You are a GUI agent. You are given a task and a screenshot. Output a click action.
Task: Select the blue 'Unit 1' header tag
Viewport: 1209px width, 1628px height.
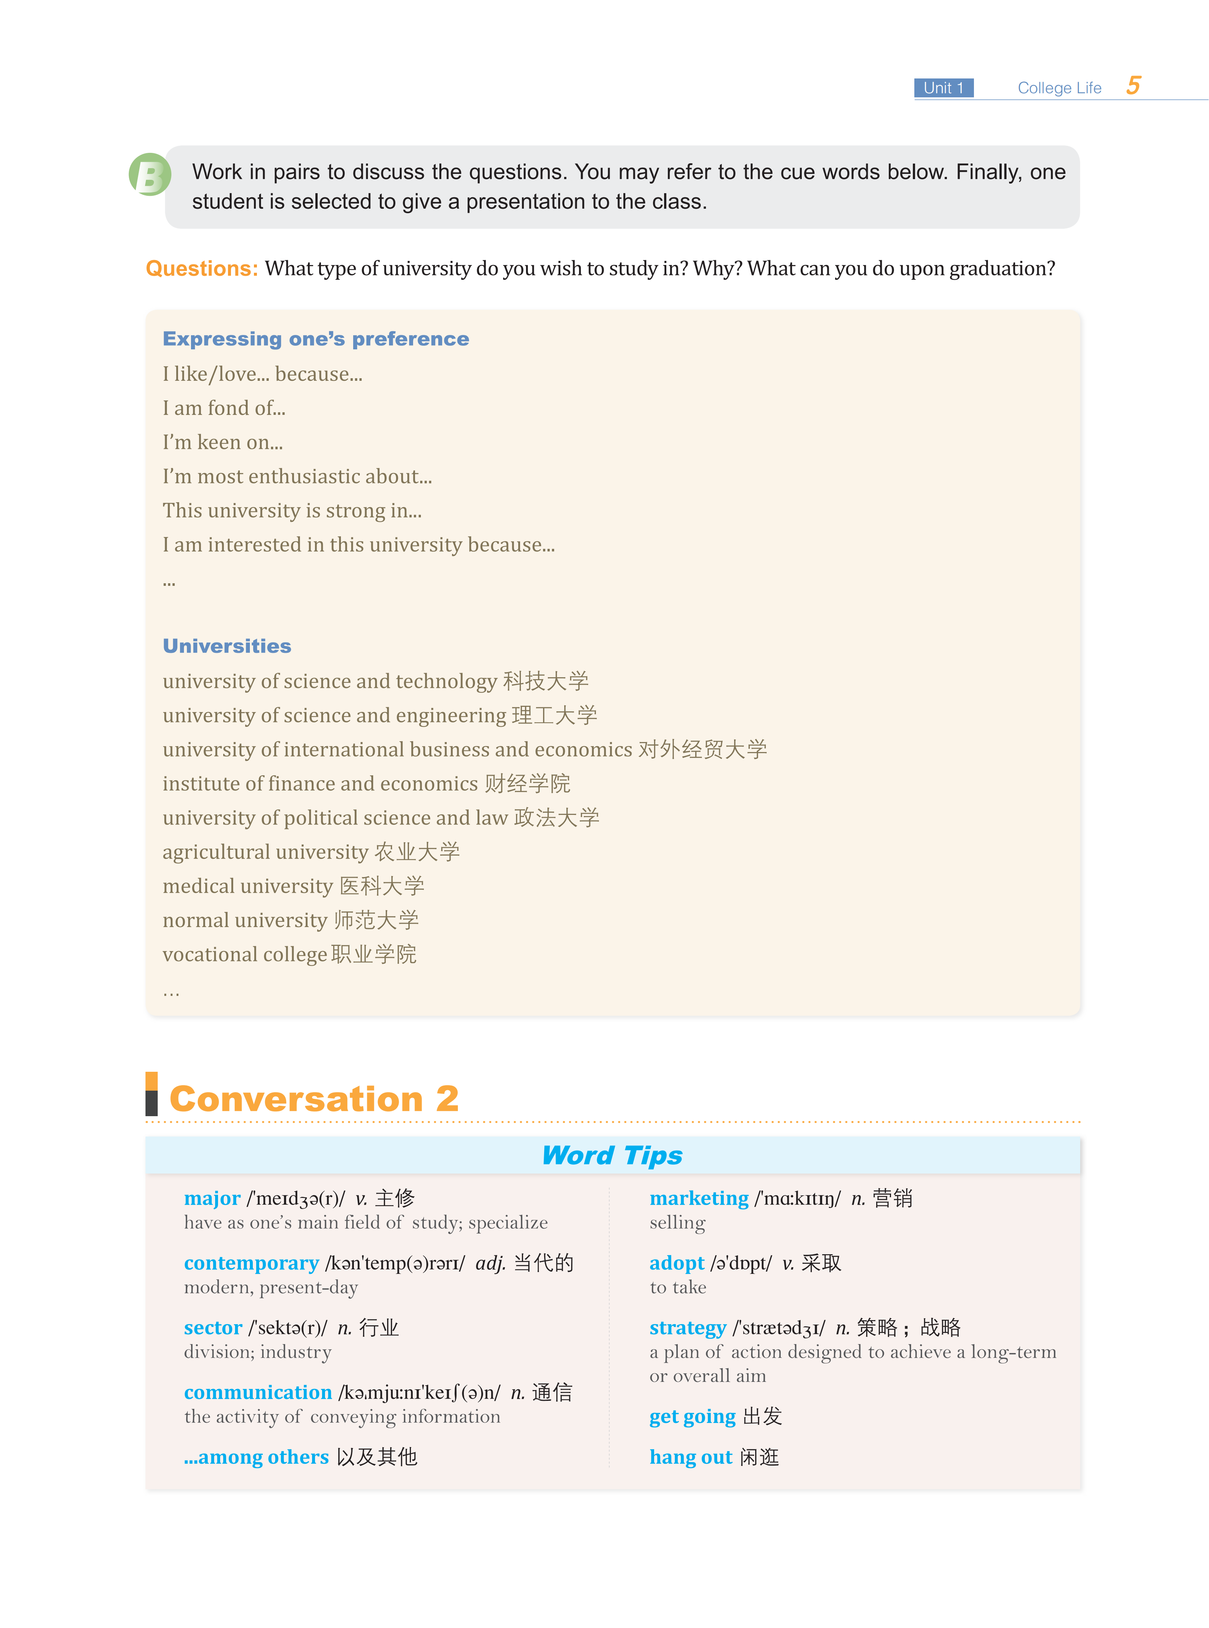(943, 88)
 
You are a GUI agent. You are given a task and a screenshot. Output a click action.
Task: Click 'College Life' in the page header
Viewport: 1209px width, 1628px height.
(1059, 88)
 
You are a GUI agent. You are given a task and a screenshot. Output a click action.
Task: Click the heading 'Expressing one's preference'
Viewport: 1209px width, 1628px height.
(315, 339)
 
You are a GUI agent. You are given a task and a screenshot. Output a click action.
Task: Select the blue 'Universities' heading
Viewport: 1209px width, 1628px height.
(227, 646)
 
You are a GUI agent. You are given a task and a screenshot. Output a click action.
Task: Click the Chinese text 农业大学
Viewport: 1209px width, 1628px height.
(417, 852)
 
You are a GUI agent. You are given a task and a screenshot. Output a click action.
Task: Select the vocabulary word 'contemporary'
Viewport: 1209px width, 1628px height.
(251, 1263)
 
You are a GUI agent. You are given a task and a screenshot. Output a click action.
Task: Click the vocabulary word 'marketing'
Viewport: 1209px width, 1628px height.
(699, 1198)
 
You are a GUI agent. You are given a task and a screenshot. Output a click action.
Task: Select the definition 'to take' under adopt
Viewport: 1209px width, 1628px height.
(678, 1288)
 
